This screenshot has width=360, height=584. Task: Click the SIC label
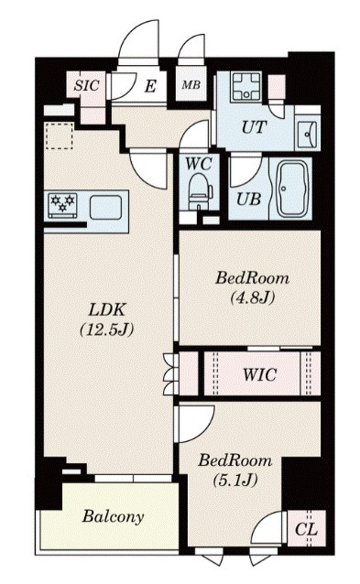(x=88, y=85)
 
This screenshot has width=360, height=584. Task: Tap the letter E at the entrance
(x=150, y=87)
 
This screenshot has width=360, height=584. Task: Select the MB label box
(x=191, y=86)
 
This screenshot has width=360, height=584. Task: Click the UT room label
(x=254, y=127)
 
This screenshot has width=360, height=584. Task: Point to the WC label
(x=199, y=165)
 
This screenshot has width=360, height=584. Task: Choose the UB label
(x=246, y=198)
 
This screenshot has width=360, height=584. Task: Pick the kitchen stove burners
(x=63, y=204)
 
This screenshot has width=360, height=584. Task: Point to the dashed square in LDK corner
(x=59, y=135)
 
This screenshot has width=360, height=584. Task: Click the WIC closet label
(x=261, y=374)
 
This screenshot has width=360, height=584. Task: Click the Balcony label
(x=113, y=517)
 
